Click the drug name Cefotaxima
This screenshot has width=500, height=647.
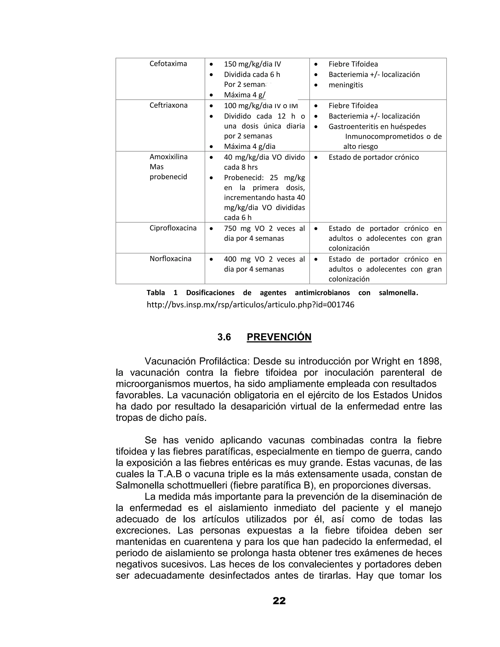(x=168, y=64)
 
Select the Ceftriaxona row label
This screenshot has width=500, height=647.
(x=168, y=105)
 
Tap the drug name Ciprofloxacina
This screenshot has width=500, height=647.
(x=173, y=228)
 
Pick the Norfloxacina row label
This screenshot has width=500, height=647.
(x=170, y=259)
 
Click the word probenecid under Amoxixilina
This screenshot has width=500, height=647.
(x=168, y=177)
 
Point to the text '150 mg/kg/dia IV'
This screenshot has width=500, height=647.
(x=252, y=64)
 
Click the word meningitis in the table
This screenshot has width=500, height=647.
(x=346, y=85)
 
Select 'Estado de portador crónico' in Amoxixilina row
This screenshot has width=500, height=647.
(x=374, y=157)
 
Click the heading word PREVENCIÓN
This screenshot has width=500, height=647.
(x=279, y=337)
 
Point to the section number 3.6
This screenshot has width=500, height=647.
(x=224, y=337)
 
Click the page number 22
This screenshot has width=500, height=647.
(x=279, y=601)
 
